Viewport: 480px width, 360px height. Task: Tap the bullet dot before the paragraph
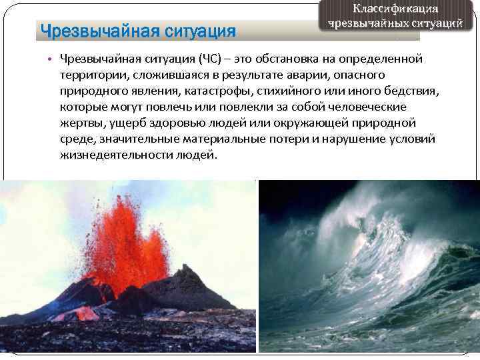[x=49, y=58]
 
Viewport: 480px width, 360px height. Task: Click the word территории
[x=87, y=75]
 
